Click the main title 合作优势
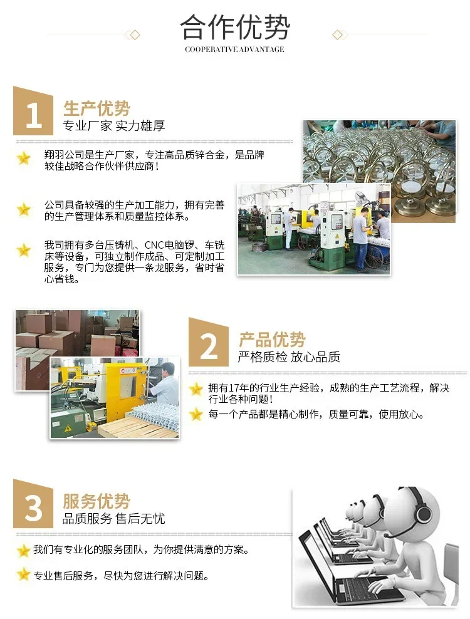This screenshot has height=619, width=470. [x=235, y=27]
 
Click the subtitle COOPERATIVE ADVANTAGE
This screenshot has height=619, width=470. [x=234, y=49]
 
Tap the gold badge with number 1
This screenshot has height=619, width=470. [x=33, y=111]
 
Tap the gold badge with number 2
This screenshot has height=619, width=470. [x=209, y=342]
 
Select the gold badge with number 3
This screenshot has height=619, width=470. [x=33, y=504]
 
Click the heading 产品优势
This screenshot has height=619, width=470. [x=272, y=339]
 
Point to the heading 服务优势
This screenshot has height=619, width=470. [x=97, y=501]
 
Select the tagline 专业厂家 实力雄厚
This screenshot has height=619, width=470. [x=114, y=126]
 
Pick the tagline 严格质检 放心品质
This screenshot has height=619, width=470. [x=289, y=357]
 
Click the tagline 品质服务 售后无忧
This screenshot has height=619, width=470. [x=114, y=518]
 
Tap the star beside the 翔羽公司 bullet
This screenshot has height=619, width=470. [x=24, y=159]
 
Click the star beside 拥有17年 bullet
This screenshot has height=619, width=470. [x=196, y=390]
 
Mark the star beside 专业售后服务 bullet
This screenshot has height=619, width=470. [x=24, y=575]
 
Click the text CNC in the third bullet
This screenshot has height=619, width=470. [x=154, y=245]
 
